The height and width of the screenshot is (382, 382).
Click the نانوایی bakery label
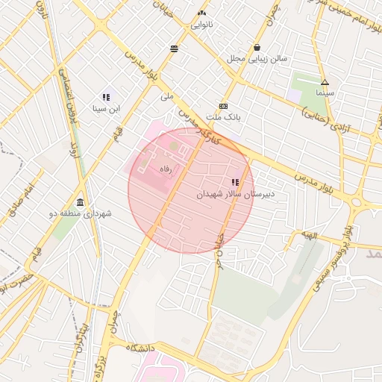click(x=201, y=25)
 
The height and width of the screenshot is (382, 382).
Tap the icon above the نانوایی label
click(x=201, y=13)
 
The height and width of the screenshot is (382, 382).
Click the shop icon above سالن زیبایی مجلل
click(x=257, y=46)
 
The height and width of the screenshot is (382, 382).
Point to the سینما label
click(x=325, y=93)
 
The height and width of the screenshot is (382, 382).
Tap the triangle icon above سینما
click(x=325, y=82)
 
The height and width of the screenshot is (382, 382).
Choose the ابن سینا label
click(x=106, y=109)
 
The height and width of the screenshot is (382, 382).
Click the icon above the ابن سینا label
click(x=106, y=97)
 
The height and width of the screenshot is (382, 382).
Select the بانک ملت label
click(x=223, y=117)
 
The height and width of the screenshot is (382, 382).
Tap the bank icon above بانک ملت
click(x=223, y=106)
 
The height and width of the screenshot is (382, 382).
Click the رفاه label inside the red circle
click(x=166, y=169)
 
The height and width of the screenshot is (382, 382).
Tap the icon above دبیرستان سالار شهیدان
click(x=235, y=182)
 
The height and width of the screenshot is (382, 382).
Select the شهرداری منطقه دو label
click(x=80, y=213)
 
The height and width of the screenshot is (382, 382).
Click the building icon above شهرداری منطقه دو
click(x=80, y=202)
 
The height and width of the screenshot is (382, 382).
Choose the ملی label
click(x=166, y=96)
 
